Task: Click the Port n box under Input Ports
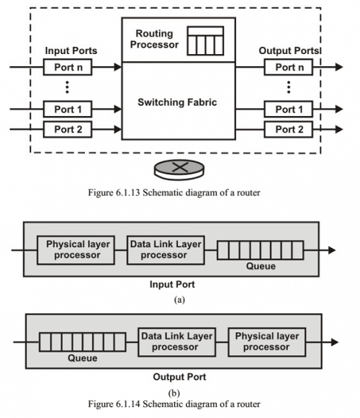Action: pyautogui.click(x=68, y=67)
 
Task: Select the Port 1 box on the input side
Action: pyautogui.click(x=68, y=110)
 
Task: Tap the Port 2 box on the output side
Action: pyautogui.click(x=288, y=129)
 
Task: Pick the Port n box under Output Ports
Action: pyautogui.click(x=288, y=67)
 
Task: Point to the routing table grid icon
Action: pyautogui.click(x=204, y=40)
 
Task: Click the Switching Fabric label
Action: pyautogui.click(x=177, y=102)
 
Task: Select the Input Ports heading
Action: pyautogui.click(x=71, y=51)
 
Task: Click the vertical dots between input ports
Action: pyautogui.click(x=67, y=89)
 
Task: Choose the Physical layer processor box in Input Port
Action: pyautogui.click(x=78, y=249)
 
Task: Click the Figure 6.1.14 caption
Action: pyautogui.click(x=179, y=405)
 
